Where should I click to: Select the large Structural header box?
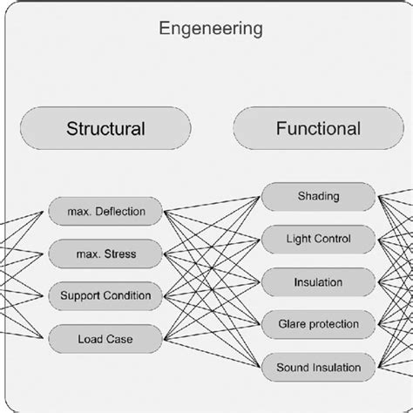(x=105, y=129)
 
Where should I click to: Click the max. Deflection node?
(x=105, y=211)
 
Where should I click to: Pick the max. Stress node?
(x=105, y=254)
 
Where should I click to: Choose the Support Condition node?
(x=105, y=295)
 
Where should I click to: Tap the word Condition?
(x=127, y=295)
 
